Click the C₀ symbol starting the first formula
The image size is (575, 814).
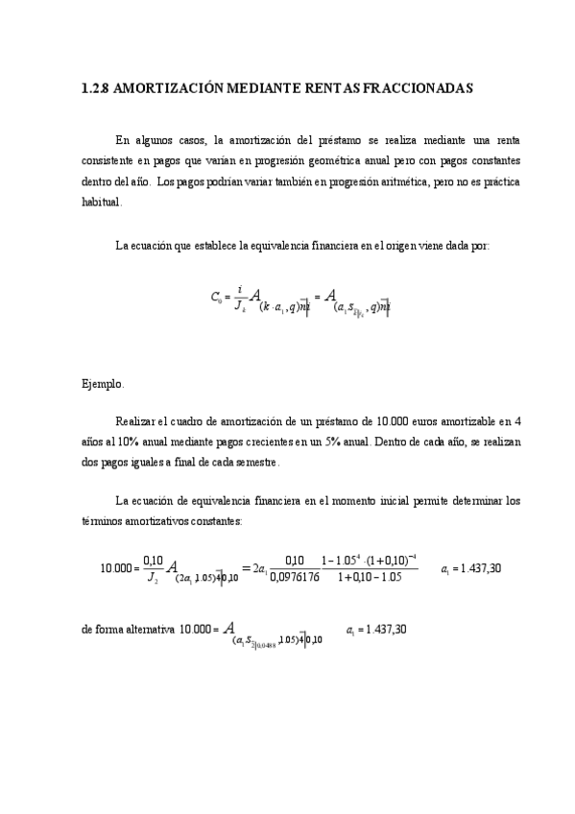click(217, 299)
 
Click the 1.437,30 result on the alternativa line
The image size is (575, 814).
click(384, 631)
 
